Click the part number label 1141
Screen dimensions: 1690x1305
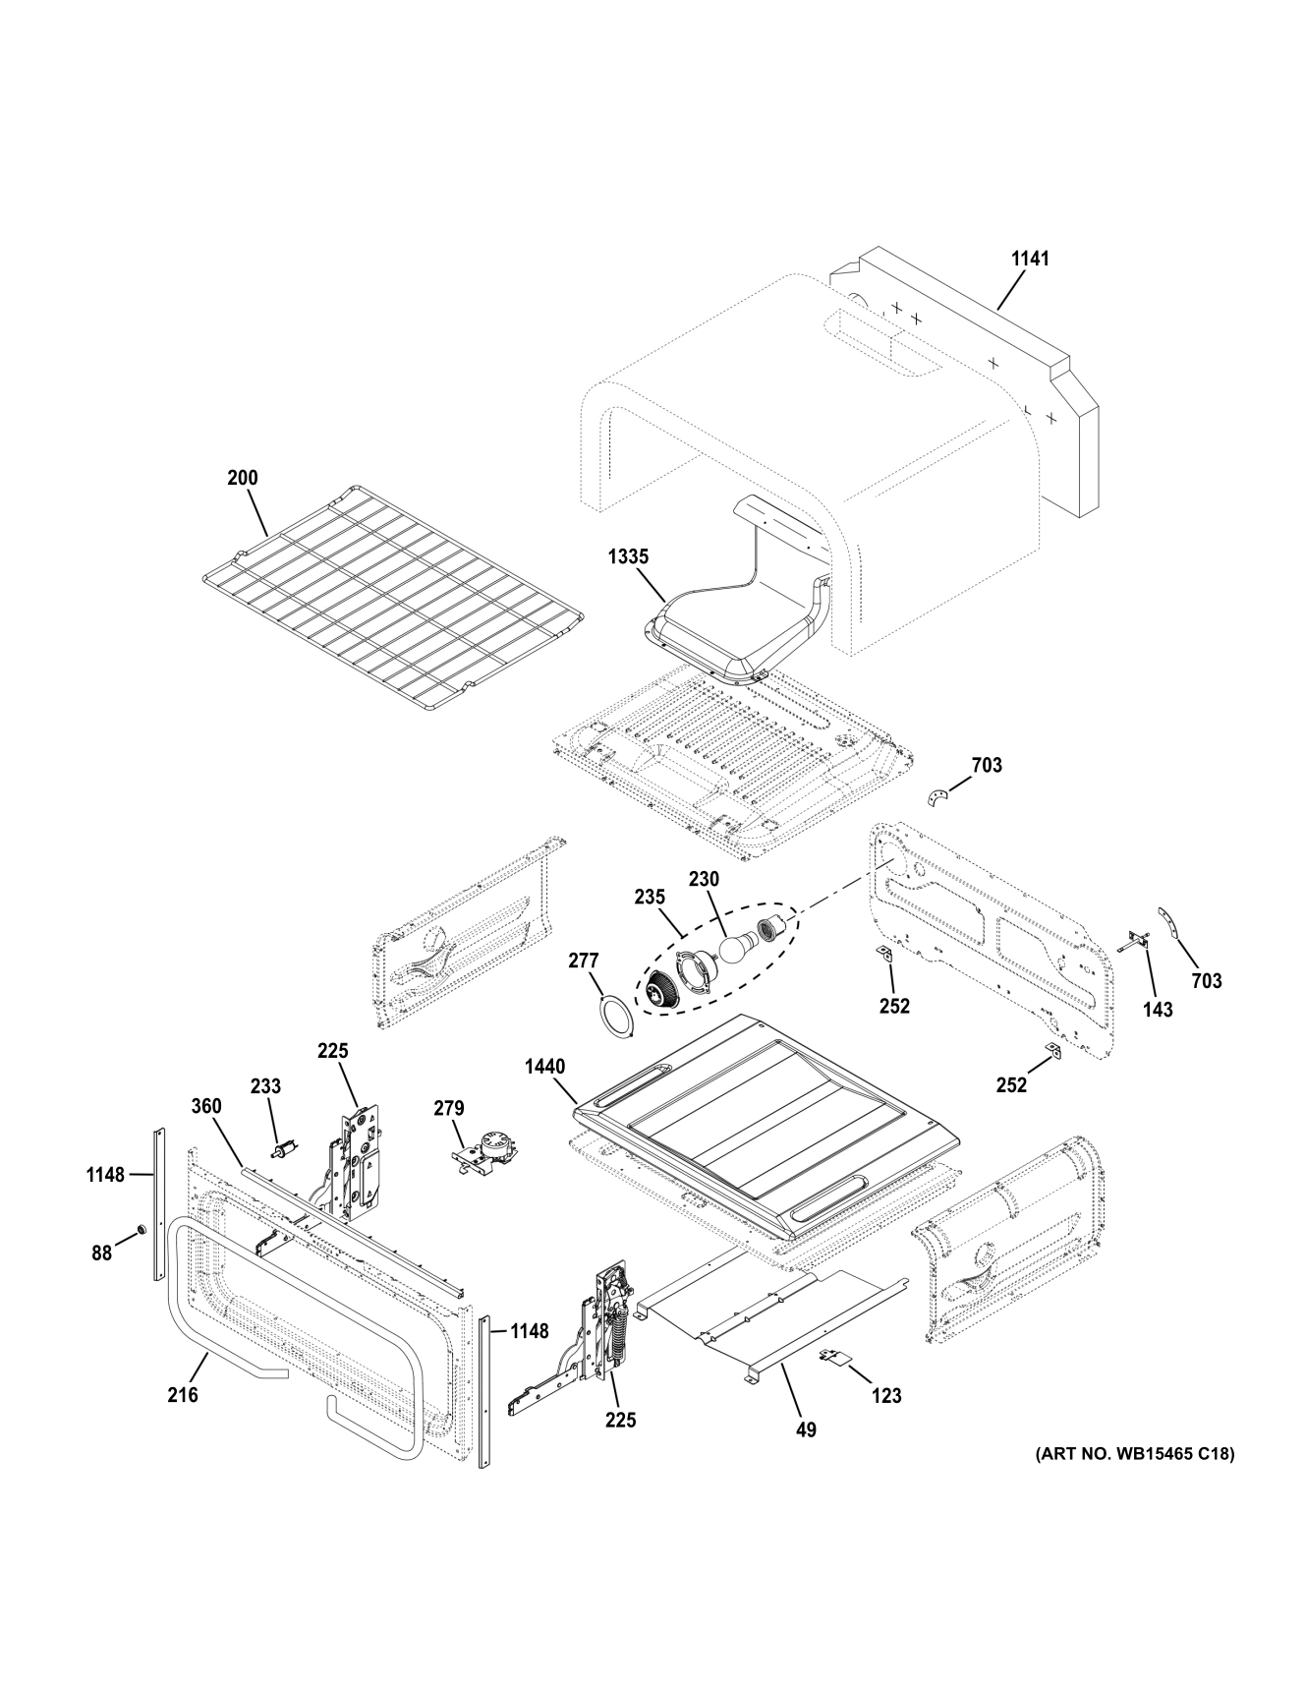[x=1030, y=259]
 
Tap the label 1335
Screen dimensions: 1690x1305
[x=627, y=556]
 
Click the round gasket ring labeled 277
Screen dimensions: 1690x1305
[x=617, y=1013]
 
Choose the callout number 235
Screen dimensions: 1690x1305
[x=650, y=897]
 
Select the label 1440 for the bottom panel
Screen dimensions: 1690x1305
[x=544, y=1065]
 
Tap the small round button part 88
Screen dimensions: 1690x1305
[x=141, y=1229]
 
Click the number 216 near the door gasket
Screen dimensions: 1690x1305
[x=183, y=1394]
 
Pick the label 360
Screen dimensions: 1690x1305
[x=206, y=1106]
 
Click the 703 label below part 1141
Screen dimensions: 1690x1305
[x=987, y=764]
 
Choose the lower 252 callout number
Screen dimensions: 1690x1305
[x=1011, y=1085]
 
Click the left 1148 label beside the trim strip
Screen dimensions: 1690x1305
[x=105, y=1174]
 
